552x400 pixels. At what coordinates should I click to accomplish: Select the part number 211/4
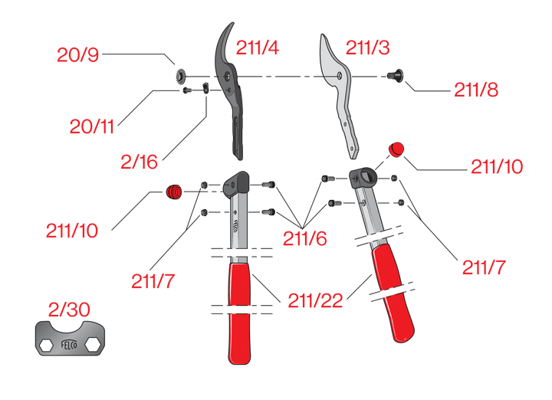point(258,48)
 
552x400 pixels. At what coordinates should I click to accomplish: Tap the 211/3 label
point(367,48)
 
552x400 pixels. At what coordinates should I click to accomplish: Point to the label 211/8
point(475,90)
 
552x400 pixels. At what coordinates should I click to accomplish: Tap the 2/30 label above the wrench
point(69,310)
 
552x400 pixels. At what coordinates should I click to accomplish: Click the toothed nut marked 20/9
point(182,76)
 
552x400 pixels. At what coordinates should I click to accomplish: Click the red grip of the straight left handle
point(241,314)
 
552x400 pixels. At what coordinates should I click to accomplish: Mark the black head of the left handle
point(237,182)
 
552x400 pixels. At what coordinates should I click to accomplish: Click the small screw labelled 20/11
point(186,90)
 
